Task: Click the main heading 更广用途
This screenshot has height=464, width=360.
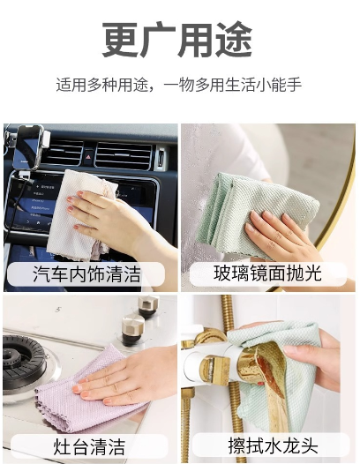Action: [177, 40]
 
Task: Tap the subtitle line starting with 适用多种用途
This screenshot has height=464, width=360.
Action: [179, 85]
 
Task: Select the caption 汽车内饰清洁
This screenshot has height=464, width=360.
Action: [86, 273]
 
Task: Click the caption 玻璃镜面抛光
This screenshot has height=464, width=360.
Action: [267, 273]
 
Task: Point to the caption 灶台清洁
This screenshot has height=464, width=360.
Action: [89, 447]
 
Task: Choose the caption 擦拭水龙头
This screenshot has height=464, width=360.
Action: [273, 445]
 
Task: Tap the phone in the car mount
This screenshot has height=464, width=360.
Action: [28, 147]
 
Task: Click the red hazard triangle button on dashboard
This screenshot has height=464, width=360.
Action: [88, 156]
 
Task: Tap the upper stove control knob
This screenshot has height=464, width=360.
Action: [148, 306]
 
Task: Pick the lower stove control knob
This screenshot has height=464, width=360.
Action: [133, 331]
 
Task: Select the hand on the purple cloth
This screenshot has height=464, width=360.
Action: [127, 376]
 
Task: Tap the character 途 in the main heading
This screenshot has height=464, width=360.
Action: [234, 40]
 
